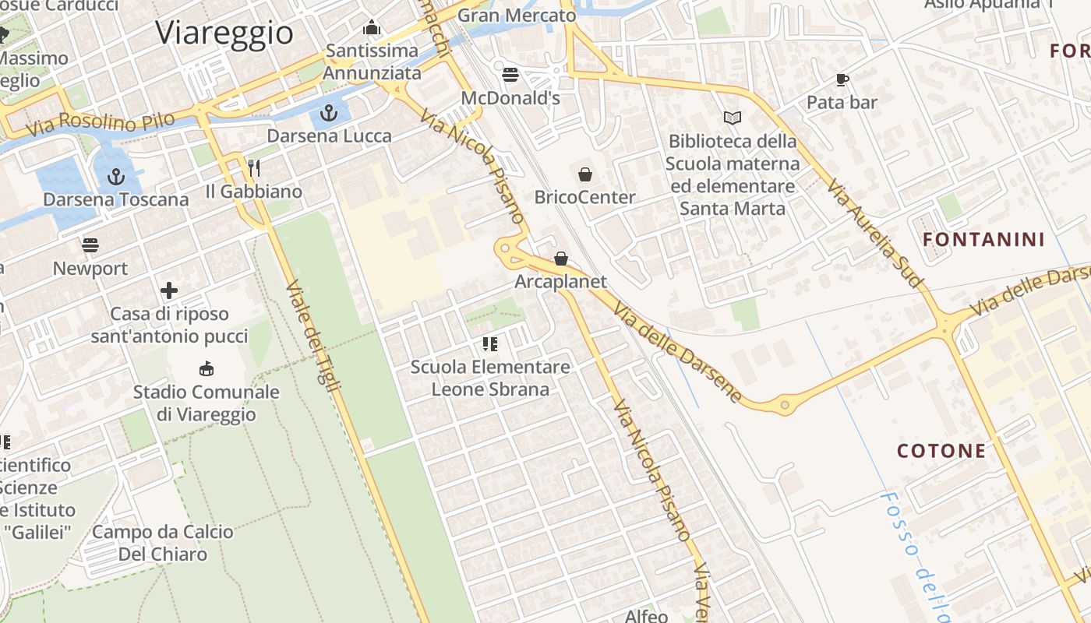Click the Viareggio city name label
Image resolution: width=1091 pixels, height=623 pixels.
[x=224, y=33]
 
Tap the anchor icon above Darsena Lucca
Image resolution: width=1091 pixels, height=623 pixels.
[x=329, y=114]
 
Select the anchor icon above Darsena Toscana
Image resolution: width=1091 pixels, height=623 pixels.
[x=116, y=178]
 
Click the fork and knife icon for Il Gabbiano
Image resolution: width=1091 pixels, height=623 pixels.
[x=253, y=167]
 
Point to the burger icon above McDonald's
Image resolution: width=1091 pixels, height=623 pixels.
[x=510, y=75]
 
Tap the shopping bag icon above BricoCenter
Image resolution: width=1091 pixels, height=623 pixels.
[x=585, y=174]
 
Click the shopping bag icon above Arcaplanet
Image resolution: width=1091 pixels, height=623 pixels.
[x=561, y=259]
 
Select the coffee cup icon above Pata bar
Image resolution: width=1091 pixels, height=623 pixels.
[x=842, y=79]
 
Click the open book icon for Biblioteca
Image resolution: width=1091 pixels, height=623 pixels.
[x=733, y=118]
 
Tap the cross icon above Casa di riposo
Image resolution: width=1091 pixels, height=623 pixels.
[x=169, y=291]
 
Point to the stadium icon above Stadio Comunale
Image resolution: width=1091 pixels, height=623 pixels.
[x=207, y=368]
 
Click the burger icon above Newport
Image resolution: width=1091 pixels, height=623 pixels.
[x=90, y=245]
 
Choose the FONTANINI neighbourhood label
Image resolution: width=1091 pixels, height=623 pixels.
[x=983, y=239]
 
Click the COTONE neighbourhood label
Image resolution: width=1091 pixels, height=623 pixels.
[x=941, y=451]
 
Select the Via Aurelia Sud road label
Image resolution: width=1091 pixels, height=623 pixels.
[x=875, y=231]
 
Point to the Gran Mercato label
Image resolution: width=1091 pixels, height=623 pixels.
[x=517, y=15]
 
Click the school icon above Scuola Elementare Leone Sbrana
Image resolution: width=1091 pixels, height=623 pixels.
[x=490, y=343]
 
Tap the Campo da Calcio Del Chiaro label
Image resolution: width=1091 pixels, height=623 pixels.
[x=163, y=543]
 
